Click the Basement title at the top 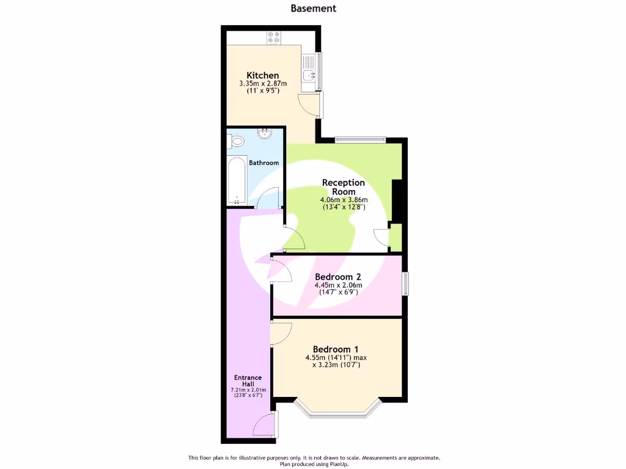point(313,9)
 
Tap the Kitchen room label point(263,75)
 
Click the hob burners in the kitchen point(273,38)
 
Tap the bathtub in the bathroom point(237,181)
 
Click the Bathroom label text point(264,163)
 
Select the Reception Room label point(344,187)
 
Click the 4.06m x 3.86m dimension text point(344,200)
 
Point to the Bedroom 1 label point(336,349)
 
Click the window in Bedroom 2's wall point(405,285)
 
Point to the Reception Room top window point(360,139)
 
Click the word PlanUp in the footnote point(352,464)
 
